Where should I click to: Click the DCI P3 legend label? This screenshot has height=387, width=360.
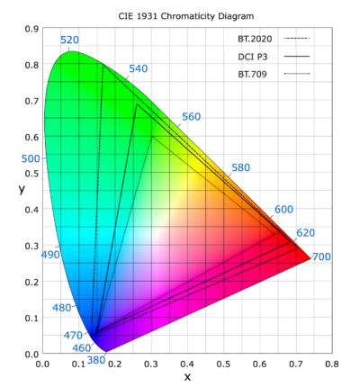[252, 56]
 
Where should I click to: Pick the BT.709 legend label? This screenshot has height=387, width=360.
[251, 73]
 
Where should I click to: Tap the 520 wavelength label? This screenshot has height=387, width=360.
[69, 40]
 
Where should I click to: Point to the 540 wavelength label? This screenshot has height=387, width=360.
[139, 69]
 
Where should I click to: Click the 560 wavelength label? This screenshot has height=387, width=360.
[191, 117]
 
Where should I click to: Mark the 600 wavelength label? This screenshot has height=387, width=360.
[283, 210]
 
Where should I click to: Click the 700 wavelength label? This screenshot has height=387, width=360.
[321, 257]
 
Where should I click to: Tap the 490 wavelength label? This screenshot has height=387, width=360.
[50, 255]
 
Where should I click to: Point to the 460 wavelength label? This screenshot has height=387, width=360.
[81, 348]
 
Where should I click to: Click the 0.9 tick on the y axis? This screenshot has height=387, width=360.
[31, 29]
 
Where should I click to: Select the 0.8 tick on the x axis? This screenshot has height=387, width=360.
[332, 365]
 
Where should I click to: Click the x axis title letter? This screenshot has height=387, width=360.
[187, 377]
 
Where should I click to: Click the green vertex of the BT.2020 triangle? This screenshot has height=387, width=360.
[103, 66]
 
